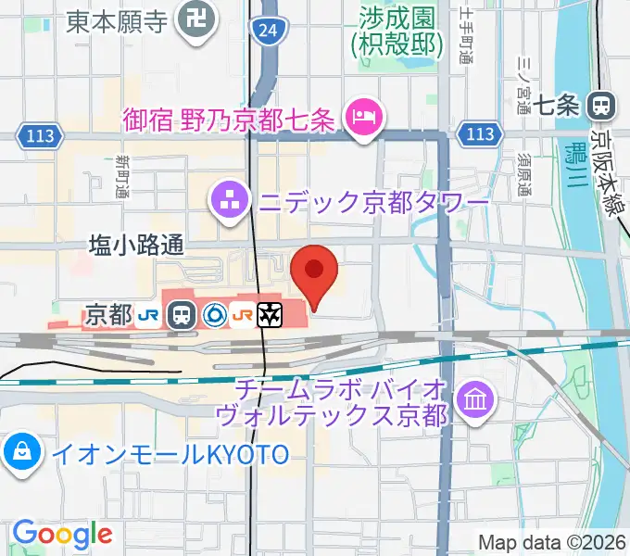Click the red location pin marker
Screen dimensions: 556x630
pos(314,271)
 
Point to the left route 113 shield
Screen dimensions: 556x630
pos(40,136)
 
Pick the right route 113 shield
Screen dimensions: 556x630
pos(480,134)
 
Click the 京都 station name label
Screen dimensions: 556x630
pos(107,315)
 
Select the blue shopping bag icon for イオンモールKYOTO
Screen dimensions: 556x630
pos(19,452)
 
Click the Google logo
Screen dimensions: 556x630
pos(62,534)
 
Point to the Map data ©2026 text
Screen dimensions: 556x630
pos(553,542)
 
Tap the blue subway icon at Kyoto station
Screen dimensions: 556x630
pos(213,315)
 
